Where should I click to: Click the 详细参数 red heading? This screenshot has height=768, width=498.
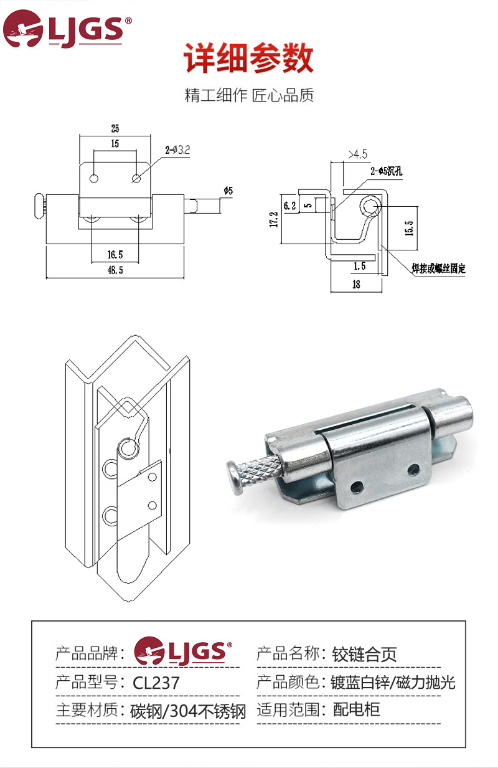pos(248,59)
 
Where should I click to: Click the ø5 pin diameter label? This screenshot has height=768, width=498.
pos(227,191)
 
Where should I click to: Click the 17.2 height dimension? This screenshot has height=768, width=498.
pos(273,219)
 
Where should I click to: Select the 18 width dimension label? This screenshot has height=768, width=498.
pos(356,285)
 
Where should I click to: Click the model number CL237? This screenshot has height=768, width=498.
pos(156,683)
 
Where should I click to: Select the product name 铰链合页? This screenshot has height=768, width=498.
pos(364,654)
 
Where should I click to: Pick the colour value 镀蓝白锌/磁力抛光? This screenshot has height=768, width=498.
pos(393,682)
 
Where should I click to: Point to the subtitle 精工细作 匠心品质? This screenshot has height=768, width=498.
pos(249,96)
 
